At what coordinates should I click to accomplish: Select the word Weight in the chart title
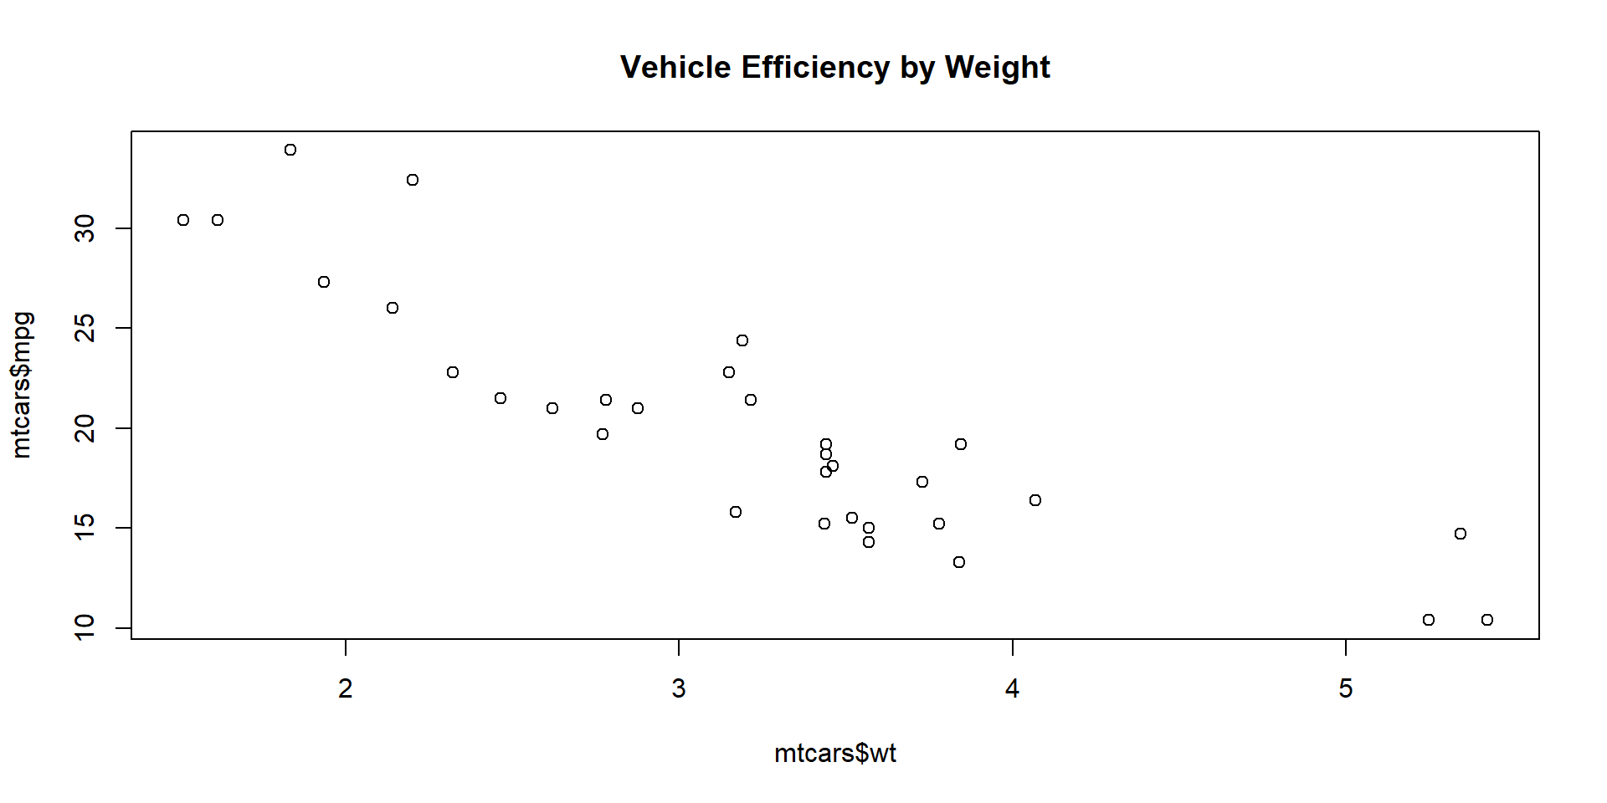point(997,68)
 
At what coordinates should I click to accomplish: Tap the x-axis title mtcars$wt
point(834,754)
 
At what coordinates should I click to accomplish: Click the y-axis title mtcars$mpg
point(22,385)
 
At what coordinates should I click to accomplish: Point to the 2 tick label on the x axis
point(346,688)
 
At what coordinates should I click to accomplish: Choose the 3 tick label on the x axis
point(679,688)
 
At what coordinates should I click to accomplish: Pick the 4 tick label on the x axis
point(1013,688)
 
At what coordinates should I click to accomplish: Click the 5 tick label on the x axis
point(1346,688)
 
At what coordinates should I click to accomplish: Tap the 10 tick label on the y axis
point(85,627)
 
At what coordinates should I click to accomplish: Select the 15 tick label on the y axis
point(85,528)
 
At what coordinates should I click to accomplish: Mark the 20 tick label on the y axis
point(85,428)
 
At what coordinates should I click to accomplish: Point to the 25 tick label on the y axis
point(85,328)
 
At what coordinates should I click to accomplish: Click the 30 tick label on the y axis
point(85,228)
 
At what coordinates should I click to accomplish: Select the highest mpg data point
point(290,150)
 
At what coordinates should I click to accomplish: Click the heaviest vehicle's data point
point(1487,620)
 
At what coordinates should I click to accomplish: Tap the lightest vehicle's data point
point(183,220)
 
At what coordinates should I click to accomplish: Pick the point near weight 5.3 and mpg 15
point(1461,534)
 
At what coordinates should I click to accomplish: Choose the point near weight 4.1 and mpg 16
point(1035,500)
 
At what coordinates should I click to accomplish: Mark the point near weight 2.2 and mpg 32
point(413,180)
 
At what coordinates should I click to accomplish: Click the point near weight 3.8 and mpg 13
point(959,562)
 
